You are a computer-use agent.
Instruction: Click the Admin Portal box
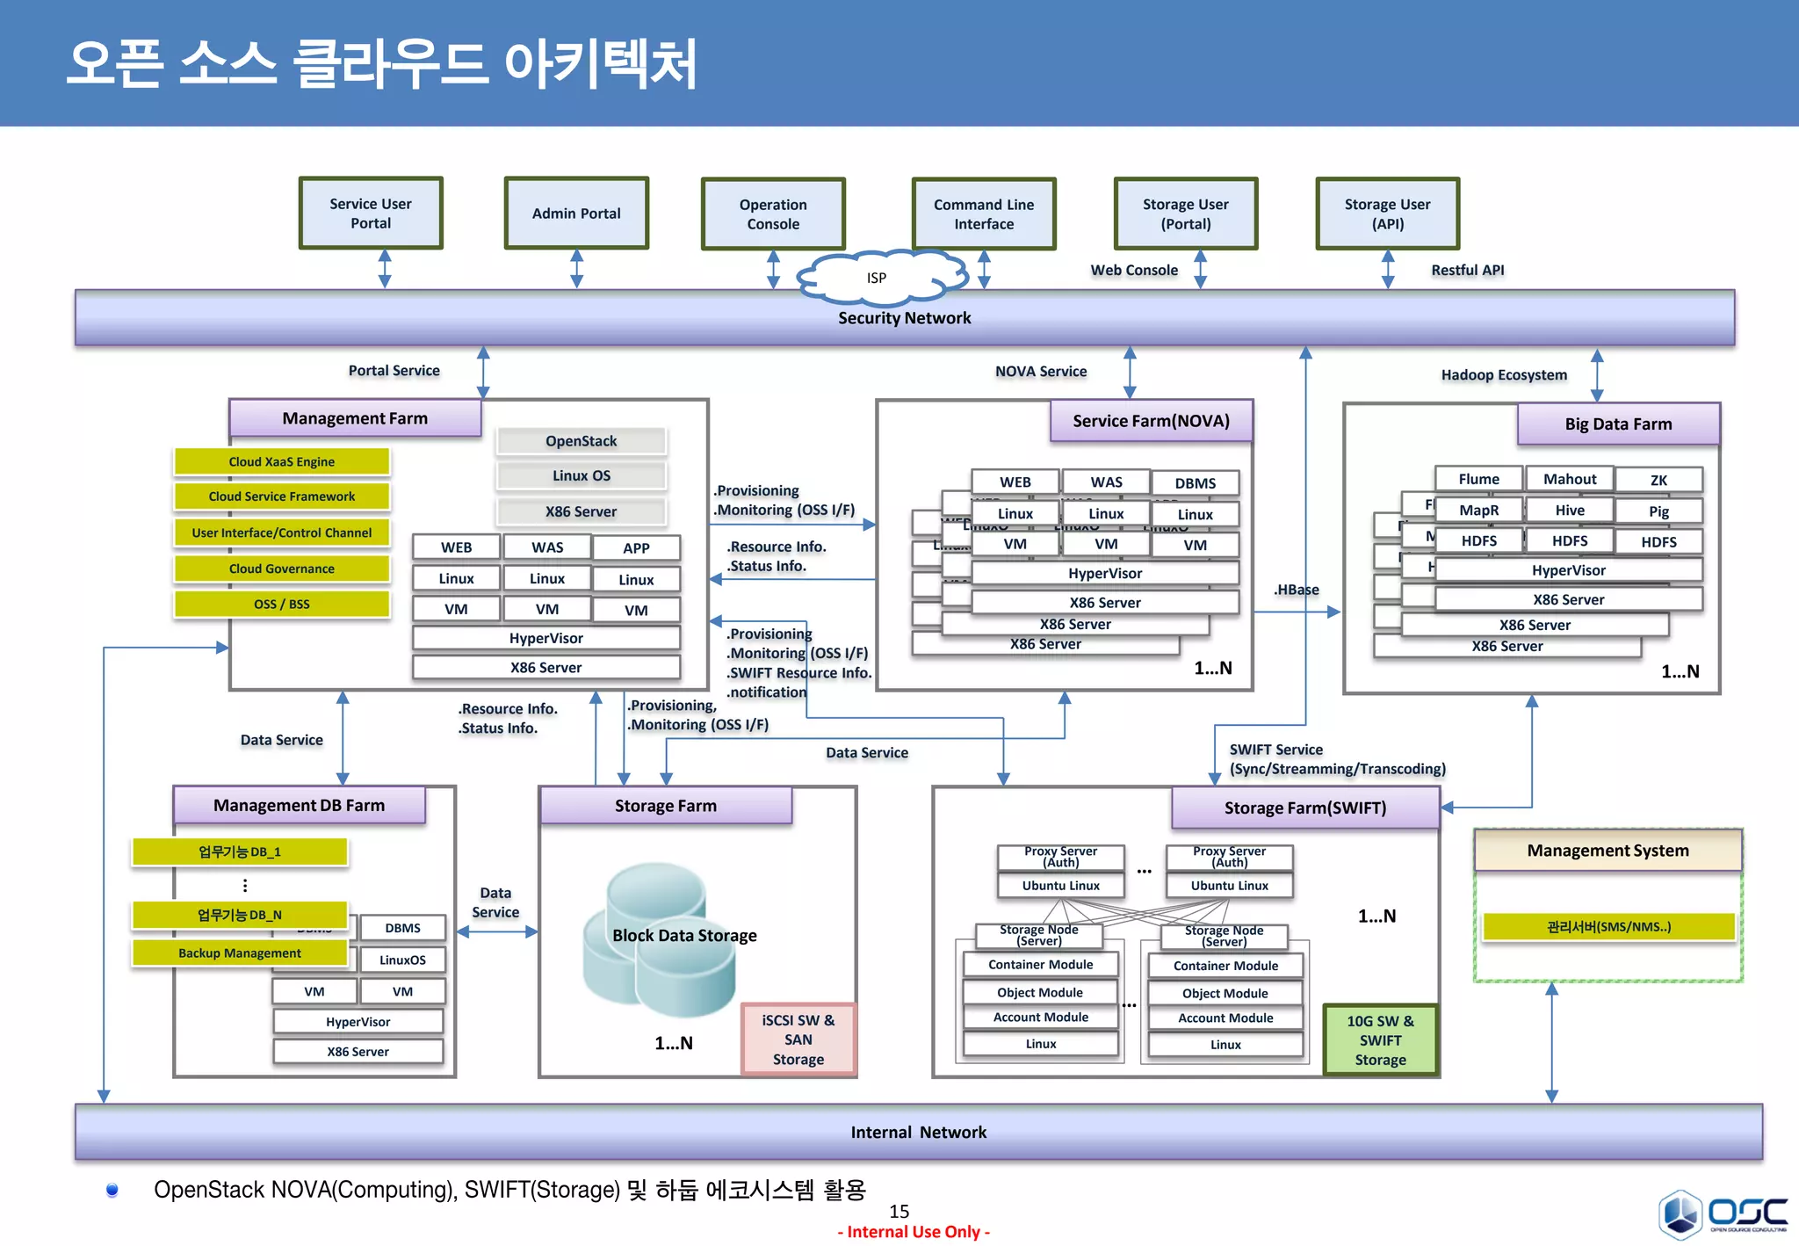pyautogui.click(x=576, y=214)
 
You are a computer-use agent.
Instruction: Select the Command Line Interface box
pyautogui.click(x=984, y=214)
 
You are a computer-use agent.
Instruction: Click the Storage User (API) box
pyautogui.click(x=1387, y=214)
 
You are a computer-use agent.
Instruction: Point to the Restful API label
pyautogui.click(x=1467, y=270)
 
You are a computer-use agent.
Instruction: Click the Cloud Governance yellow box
pyautogui.click(x=281, y=569)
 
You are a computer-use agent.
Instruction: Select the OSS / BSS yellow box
pyautogui.click(x=281, y=604)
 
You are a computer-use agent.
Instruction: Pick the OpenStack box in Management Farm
pyautogui.click(x=581, y=441)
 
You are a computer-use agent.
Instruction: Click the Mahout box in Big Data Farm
pyautogui.click(x=1570, y=479)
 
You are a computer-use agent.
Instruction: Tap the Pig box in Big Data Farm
pyautogui.click(x=1658, y=511)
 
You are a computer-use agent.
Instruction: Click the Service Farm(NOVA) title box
pyautogui.click(x=1151, y=421)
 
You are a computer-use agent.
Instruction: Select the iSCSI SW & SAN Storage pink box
pyautogui.click(x=798, y=1040)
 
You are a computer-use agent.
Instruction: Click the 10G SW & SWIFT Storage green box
pyautogui.click(x=1380, y=1040)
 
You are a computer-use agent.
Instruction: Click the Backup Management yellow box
pyautogui.click(x=239, y=953)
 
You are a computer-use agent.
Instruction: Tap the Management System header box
pyautogui.click(x=1608, y=851)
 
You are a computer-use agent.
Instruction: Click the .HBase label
pyautogui.click(x=1296, y=590)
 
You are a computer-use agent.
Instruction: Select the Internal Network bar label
pyautogui.click(x=918, y=1132)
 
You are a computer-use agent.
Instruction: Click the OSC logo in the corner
pyautogui.click(x=1723, y=1213)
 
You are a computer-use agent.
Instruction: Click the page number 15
pyautogui.click(x=899, y=1211)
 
